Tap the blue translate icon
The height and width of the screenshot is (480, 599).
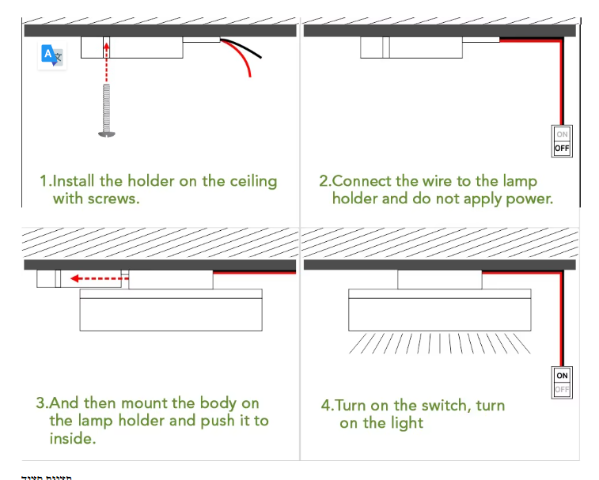point(52,55)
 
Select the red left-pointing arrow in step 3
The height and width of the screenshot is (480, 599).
point(94,278)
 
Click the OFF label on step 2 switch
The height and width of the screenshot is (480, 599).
point(562,148)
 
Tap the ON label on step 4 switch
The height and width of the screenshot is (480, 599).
point(562,376)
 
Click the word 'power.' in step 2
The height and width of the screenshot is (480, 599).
point(529,198)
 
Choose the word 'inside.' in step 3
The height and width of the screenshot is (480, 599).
point(72,438)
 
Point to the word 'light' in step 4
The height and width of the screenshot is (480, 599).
point(406,423)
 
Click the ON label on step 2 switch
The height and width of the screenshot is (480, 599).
point(562,134)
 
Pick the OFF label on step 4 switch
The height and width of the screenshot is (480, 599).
point(562,389)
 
